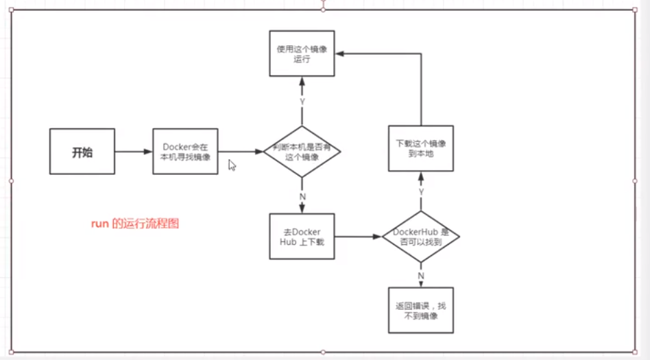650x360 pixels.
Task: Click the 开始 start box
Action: point(82,152)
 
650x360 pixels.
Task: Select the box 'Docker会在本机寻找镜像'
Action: point(185,152)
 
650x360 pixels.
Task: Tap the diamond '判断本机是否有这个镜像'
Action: point(302,152)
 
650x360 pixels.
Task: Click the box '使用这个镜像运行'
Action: point(302,53)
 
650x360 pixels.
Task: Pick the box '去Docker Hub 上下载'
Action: point(302,236)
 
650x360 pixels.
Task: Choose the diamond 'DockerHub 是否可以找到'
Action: point(421,237)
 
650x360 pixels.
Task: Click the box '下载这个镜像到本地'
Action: point(421,148)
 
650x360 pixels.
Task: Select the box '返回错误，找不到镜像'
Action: point(421,310)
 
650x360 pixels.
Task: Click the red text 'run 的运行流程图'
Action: point(135,224)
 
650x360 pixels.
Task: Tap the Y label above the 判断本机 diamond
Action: point(302,102)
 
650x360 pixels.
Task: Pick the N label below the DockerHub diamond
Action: point(421,276)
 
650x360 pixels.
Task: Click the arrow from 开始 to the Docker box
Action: point(133,152)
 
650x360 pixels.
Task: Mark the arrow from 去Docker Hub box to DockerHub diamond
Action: point(358,237)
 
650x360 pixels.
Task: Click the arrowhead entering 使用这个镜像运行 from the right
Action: point(339,53)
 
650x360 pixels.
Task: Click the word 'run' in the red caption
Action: point(100,224)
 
